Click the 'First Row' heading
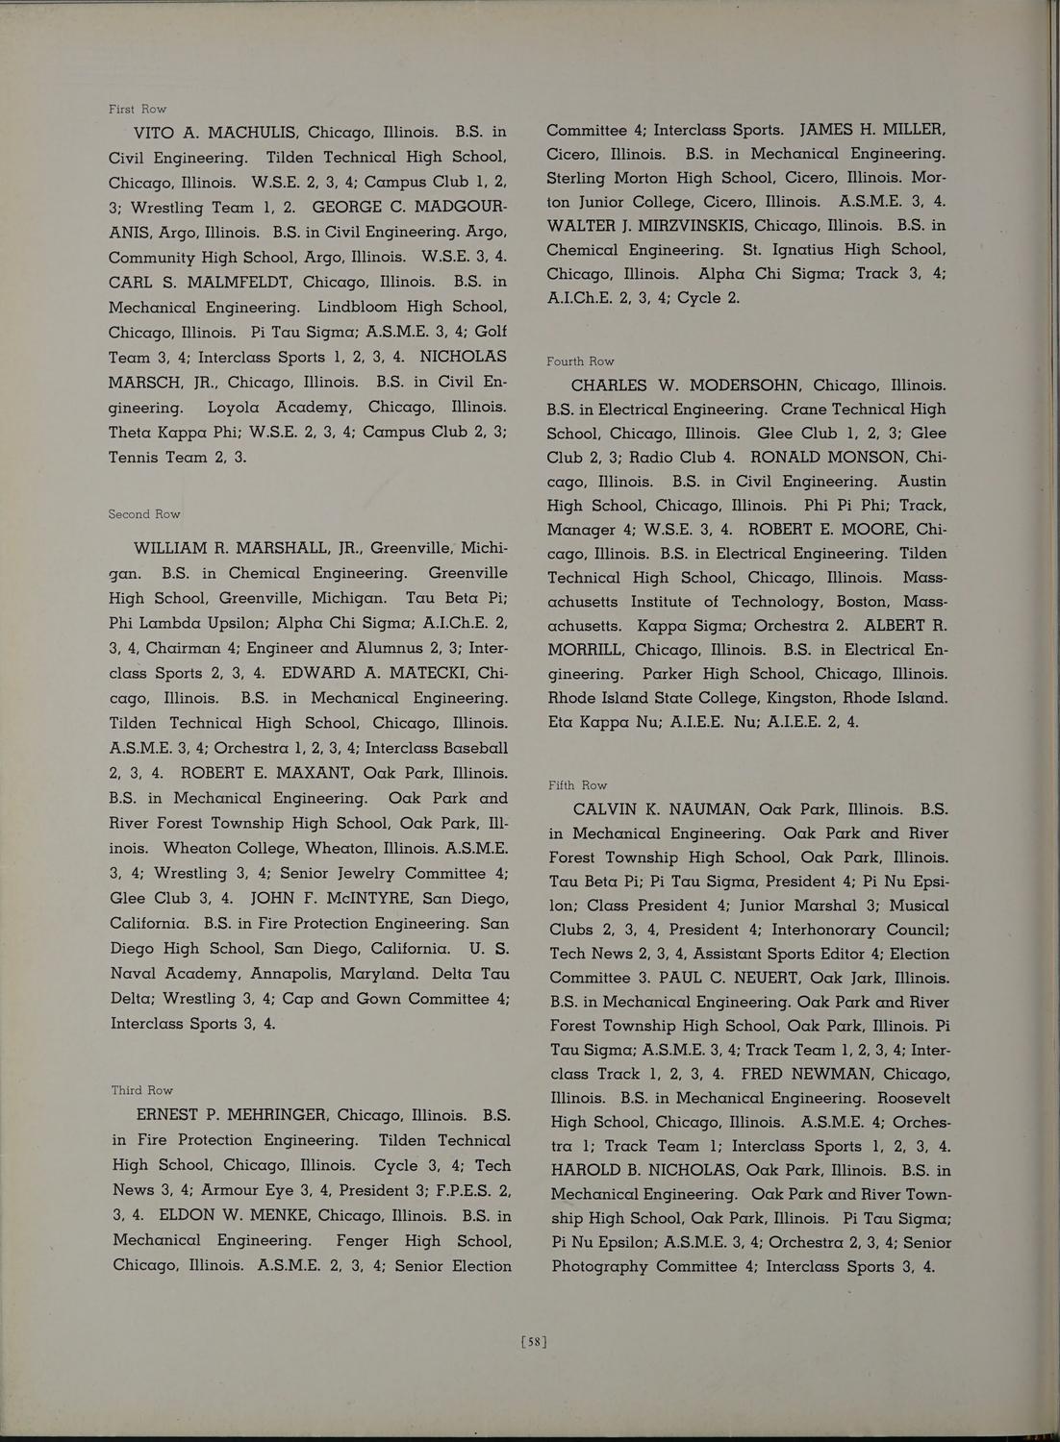pyautogui.click(x=138, y=109)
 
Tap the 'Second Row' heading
pyautogui.click(x=144, y=514)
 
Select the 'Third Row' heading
pyautogui.click(x=142, y=1090)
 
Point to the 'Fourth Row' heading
pyautogui.click(x=580, y=361)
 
